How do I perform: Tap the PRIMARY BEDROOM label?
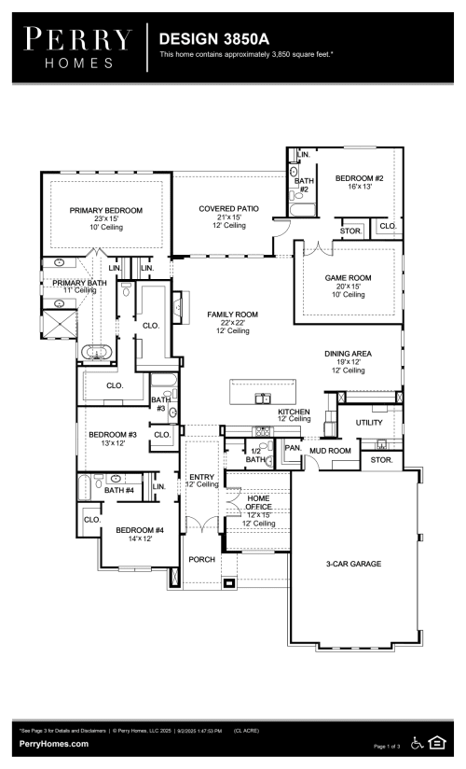coord(106,211)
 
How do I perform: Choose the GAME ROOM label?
coord(348,278)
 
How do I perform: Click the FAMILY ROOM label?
coord(232,315)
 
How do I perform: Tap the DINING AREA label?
coord(348,354)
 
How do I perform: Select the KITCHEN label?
coord(294,412)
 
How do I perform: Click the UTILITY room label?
coord(369,423)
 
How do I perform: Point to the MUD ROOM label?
coord(330,451)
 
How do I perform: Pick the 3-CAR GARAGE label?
coord(353,564)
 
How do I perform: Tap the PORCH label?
coord(202,559)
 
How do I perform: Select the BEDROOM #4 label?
coord(133,530)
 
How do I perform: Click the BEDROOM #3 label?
coord(113,435)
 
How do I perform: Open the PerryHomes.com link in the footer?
coord(54,744)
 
